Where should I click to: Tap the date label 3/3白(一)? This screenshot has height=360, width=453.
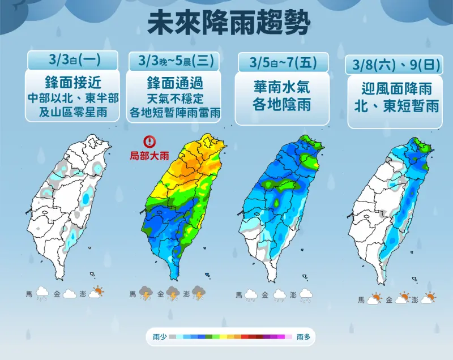75,60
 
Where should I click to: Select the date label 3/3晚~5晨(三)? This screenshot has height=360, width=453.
176,61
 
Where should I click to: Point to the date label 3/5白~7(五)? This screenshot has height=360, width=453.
283,62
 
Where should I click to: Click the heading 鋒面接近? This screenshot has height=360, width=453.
73,83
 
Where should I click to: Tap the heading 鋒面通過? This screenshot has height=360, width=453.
175,83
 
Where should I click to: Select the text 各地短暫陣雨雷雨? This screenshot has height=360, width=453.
175,112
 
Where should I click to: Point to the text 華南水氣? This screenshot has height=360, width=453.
281,87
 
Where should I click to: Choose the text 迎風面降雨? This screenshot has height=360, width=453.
396,89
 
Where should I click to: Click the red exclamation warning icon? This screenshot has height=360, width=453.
149,142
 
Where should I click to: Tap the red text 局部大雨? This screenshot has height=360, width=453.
149,156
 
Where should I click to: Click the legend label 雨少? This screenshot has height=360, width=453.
160,337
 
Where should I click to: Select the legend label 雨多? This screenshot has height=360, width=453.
304,337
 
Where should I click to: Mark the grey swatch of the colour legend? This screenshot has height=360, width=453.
173,337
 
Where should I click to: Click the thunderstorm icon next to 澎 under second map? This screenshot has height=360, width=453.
199,293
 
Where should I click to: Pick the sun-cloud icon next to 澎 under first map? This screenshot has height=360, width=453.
96,292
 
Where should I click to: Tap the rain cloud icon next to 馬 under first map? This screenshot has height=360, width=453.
42,293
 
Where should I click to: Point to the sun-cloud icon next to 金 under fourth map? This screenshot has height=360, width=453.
402,298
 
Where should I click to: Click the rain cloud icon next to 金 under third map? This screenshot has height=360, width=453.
280,295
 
